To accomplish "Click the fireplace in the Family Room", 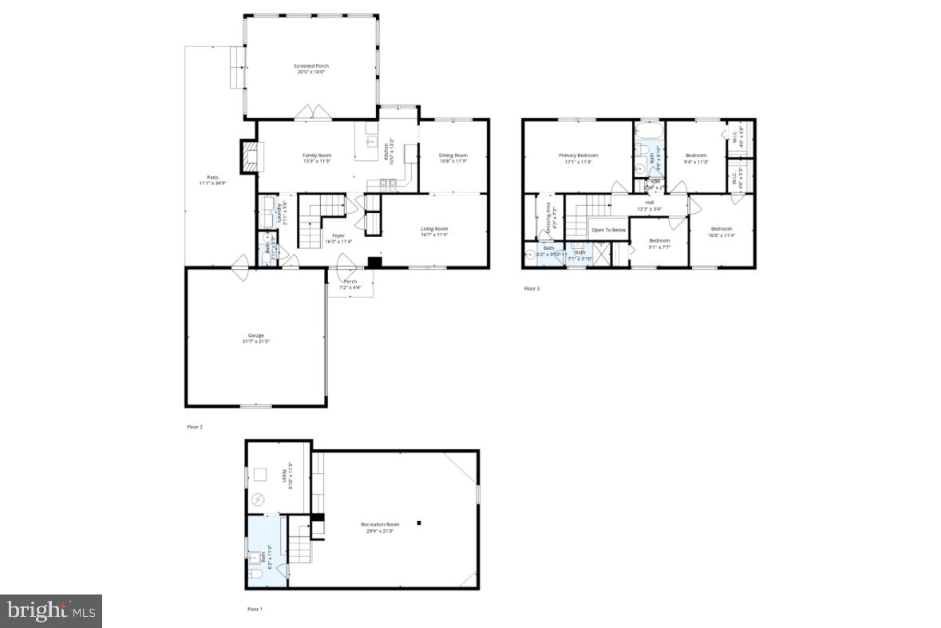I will point(249,156).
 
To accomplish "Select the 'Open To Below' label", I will point(608,230).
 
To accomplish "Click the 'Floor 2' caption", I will point(195,427).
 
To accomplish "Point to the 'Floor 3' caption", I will point(532,288).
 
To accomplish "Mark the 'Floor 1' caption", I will point(254,609).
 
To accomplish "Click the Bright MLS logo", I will point(51,611).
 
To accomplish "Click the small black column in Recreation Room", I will point(419,523).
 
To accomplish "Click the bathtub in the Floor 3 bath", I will point(649,130).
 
